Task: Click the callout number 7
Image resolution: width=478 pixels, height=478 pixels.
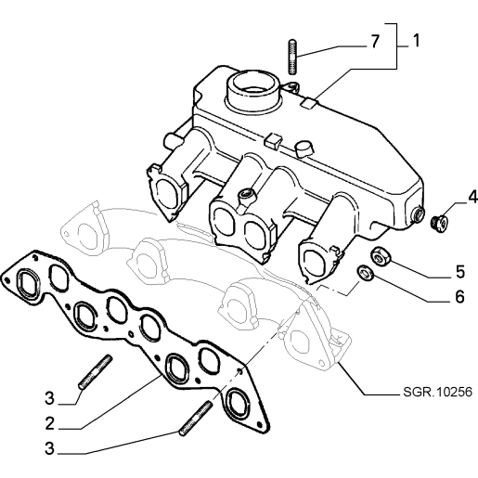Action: click(375, 41)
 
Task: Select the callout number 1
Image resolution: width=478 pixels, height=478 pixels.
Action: click(417, 41)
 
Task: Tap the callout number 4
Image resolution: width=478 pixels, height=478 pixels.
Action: click(472, 197)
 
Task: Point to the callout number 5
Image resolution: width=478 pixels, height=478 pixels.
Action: click(460, 272)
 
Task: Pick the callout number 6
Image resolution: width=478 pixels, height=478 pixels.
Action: click(459, 296)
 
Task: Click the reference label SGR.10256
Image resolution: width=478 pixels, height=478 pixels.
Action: click(438, 392)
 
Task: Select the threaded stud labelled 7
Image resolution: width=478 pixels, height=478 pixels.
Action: click(292, 57)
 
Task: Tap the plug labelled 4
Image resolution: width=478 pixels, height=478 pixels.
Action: click(440, 225)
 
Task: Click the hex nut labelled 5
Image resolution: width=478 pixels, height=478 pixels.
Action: click(381, 256)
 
